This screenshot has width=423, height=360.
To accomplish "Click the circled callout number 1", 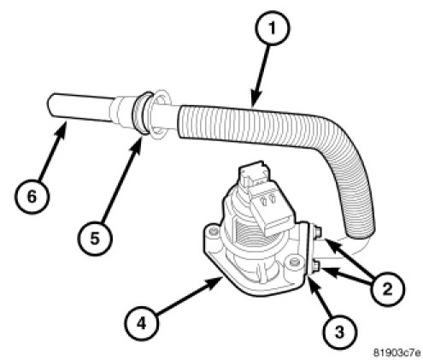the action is (x=273, y=27).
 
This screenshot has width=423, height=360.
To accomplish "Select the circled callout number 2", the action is (x=387, y=289).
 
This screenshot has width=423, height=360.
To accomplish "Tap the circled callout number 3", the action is (x=339, y=331).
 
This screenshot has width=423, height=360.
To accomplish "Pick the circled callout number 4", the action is (x=142, y=323).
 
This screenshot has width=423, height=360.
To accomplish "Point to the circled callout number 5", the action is (x=95, y=238).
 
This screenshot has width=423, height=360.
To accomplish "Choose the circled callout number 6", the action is (x=32, y=197).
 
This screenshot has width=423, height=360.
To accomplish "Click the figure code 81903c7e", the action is (x=397, y=352).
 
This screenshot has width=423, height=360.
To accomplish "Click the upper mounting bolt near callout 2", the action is (x=317, y=231).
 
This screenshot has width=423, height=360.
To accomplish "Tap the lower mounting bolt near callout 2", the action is (x=316, y=267).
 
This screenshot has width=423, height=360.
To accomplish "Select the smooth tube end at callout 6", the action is (x=79, y=109).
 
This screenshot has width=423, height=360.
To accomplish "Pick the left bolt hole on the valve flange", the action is (x=212, y=232).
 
